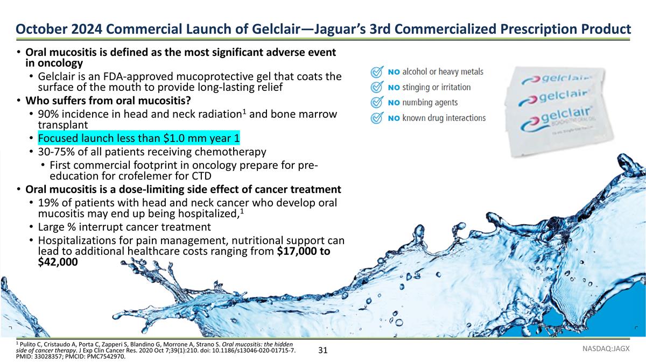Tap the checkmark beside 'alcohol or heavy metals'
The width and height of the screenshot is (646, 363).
pyautogui.click(x=378, y=72)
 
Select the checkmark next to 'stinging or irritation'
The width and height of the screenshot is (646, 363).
pyautogui.click(x=378, y=87)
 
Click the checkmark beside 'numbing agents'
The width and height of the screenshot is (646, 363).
pyautogui.click(x=378, y=102)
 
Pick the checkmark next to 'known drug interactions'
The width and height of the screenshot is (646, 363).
pyautogui.click(x=378, y=118)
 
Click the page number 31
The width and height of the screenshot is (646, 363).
pyautogui.click(x=323, y=351)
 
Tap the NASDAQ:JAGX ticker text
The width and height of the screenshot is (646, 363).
pyautogui.click(x=606, y=350)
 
